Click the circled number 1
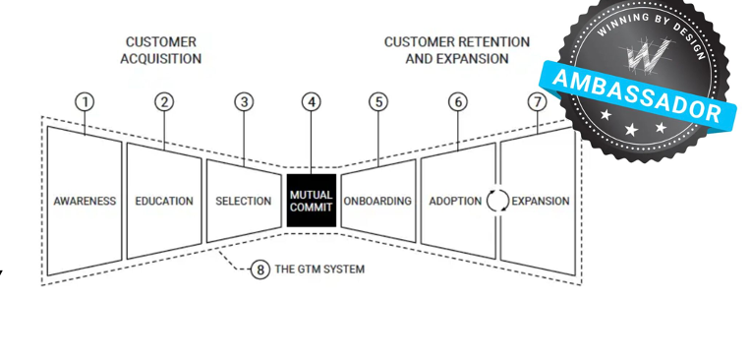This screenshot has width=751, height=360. [85, 101]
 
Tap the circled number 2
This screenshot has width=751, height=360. [164, 101]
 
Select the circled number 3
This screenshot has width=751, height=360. [244, 101]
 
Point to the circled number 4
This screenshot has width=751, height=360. [311, 101]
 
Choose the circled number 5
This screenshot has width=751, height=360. [377, 101]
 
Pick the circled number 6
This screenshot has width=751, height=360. [457, 101]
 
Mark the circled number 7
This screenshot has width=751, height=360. [537, 101]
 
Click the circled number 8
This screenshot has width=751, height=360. [260, 269]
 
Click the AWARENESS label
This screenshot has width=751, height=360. [85, 202]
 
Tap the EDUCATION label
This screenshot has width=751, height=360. [164, 202]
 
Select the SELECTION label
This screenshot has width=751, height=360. [243, 202]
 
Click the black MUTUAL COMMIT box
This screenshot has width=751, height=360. [311, 201]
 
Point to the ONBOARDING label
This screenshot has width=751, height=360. [377, 202]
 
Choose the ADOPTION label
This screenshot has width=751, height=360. [454, 202]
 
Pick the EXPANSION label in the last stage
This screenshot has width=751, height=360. [540, 202]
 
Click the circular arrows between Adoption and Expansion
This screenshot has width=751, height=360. [497, 202]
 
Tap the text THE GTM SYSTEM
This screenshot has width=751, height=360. [319, 269]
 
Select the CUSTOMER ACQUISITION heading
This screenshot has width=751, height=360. [160, 50]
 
